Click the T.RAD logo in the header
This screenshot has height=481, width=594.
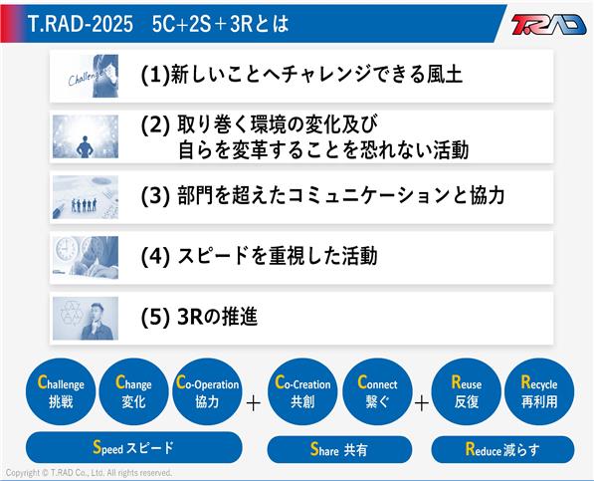(x=548, y=24)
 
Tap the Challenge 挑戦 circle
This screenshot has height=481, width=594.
(x=61, y=392)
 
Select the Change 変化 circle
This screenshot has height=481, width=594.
(x=133, y=392)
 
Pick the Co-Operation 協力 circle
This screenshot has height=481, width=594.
(x=207, y=392)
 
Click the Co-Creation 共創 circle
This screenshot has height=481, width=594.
(x=302, y=392)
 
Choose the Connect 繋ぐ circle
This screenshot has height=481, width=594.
(x=377, y=392)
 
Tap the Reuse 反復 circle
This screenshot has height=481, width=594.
(x=467, y=392)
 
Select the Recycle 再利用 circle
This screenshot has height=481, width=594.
(x=539, y=392)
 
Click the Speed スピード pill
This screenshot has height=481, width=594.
(x=133, y=448)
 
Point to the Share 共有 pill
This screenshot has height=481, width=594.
(x=339, y=449)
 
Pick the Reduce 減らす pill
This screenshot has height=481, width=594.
(x=502, y=449)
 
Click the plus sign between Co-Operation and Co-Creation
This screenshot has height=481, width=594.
(x=254, y=403)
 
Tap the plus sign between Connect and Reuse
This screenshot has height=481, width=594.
(x=422, y=403)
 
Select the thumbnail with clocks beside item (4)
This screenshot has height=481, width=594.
(x=86, y=258)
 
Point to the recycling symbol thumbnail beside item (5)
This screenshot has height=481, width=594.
(x=86, y=319)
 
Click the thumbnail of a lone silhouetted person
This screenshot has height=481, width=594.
(x=86, y=136)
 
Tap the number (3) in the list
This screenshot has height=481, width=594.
(x=155, y=196)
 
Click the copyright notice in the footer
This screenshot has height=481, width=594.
(x=89, y=473)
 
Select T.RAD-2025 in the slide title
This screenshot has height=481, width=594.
(x=81, y=24)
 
